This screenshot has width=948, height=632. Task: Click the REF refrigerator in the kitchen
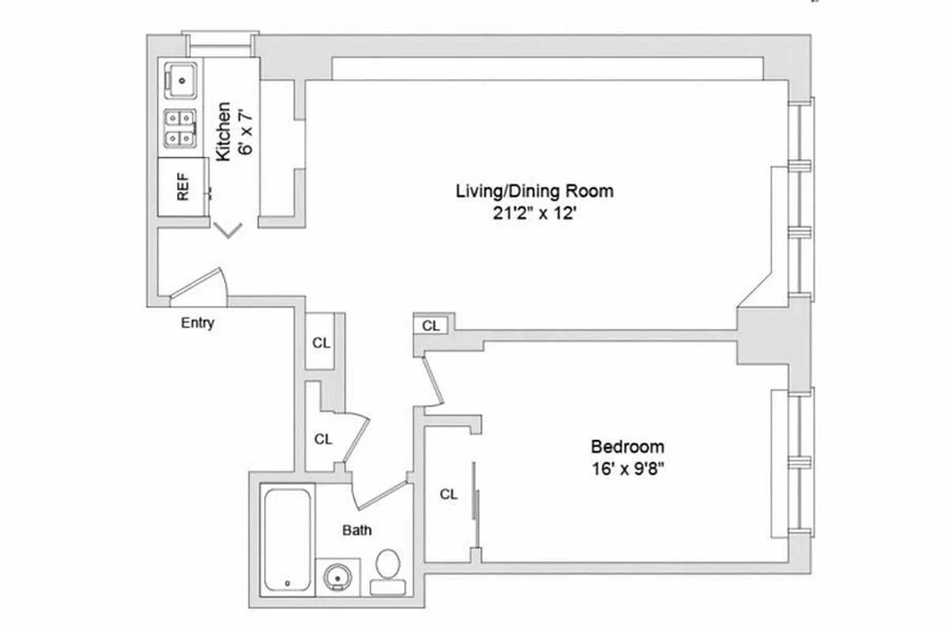182,187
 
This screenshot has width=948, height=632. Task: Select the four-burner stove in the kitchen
181,128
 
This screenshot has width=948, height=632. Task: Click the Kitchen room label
224,131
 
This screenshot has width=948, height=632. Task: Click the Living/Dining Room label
534,190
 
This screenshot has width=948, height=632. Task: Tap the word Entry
197,322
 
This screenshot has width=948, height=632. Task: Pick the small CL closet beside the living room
431,325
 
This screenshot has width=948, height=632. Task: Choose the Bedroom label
628,446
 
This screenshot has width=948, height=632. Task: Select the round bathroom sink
339,576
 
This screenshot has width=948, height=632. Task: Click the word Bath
357,530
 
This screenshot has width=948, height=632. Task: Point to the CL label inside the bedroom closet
449,495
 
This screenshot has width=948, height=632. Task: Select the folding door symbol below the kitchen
228,230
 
